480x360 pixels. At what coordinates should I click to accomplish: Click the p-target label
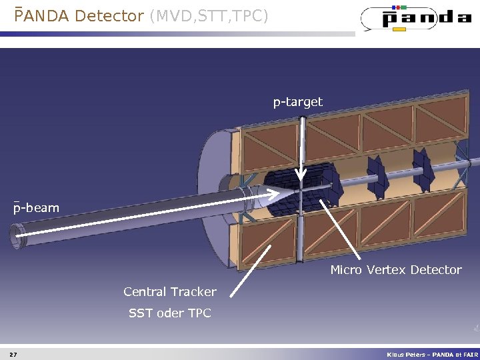[297, 102]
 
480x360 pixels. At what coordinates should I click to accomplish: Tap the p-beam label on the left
[37, 208]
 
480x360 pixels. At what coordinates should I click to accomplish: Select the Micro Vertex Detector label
[396, 270]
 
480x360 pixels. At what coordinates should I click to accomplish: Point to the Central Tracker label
[170, 291]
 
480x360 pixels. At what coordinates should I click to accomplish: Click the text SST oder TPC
[170, 313]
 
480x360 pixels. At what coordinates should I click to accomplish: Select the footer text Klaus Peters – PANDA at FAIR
[433, 354]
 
